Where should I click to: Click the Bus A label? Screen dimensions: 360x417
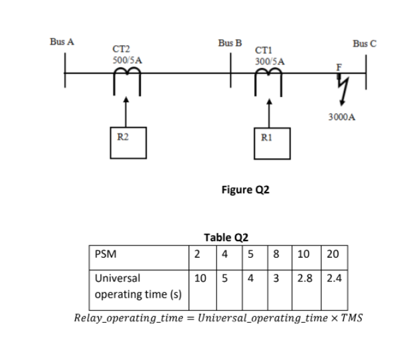pos(62,42)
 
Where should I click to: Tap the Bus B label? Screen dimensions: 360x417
pos(229,44)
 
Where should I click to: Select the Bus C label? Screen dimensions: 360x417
pos(365,45)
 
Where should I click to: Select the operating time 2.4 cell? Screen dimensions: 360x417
pos(333,279)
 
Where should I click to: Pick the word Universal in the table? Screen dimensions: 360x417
pos(118,279)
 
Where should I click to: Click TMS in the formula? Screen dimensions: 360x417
pos(351,317)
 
